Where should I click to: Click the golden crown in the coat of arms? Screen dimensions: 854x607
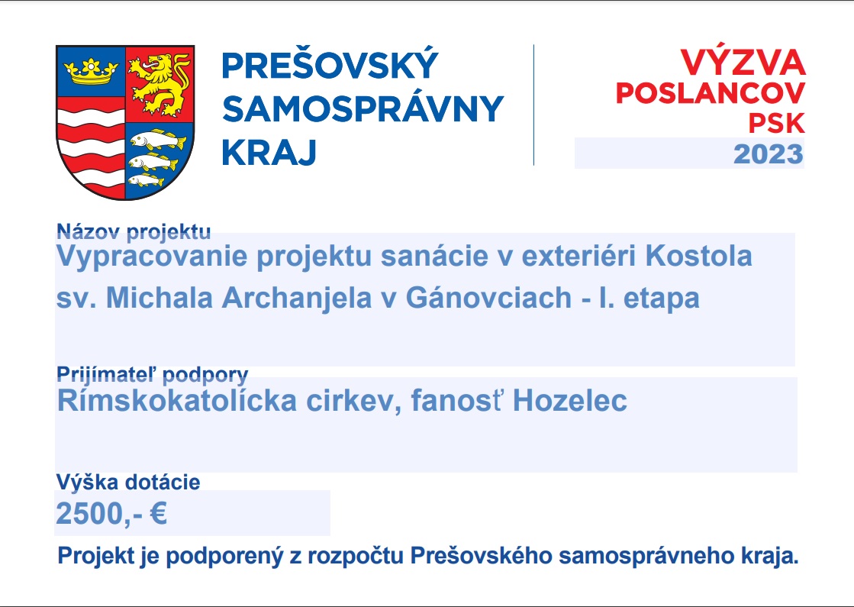91,71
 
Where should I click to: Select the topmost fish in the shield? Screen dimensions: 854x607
159,140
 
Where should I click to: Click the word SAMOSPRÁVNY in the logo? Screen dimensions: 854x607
363,109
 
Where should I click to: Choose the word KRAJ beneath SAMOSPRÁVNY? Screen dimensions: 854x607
269,152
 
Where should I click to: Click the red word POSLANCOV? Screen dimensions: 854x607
711,93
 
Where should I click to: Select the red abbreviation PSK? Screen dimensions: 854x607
777,123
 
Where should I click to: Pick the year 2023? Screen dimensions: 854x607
768,154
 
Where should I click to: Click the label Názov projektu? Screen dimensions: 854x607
134,231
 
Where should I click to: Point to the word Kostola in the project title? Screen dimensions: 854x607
699,256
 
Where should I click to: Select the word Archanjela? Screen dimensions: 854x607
296,299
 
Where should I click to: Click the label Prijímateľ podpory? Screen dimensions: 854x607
153,375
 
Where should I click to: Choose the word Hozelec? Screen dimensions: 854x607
570,401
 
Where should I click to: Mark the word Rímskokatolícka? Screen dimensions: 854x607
177,401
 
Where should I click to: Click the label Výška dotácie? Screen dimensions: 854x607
128,483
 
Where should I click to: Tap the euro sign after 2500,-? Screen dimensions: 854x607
159,513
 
